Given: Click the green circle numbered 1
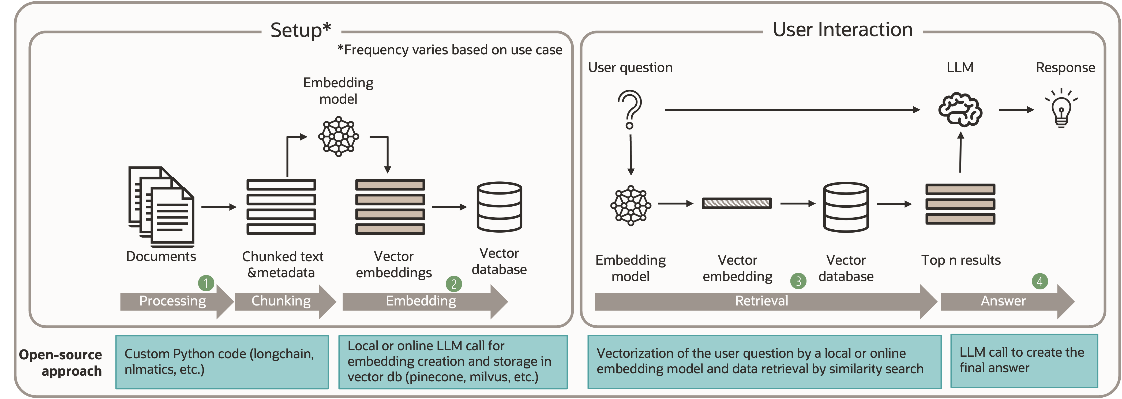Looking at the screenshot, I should pyautogui.click(x=206, y=283).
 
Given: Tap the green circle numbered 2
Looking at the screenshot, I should pyautogui.click(x=454, y=284).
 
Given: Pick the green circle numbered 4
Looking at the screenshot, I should pyautogui.click(x=1040, y=281).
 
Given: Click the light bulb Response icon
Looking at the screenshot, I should pyautogui.click(x=1061, y=109).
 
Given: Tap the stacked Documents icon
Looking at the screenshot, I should pyautogui.click(x=161, y=206).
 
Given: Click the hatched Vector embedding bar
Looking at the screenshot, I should pyautogui.click(x=737, y=203).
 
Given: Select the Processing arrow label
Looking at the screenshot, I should pyautogui.click(x=172, y=301).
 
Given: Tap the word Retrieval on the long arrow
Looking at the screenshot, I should pyautogui.click(x=761, y=301).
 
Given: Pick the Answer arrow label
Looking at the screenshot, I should pyautogui.click(x=1003, y=301).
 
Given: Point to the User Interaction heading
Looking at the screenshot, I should pyautogui.click(x=842, y=30).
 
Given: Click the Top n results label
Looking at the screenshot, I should pyautogui.click(x=961, y=260).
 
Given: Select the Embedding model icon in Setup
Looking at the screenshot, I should pyautogui.click(x=339, y=136).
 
